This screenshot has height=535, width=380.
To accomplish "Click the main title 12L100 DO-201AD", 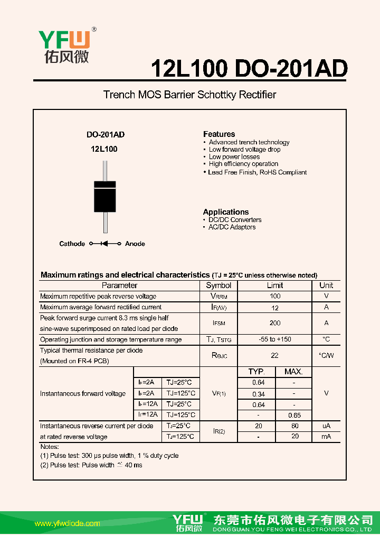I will point(249,69).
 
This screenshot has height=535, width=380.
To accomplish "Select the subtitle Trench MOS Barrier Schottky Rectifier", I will point(189,95).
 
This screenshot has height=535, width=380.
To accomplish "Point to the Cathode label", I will point(72,244).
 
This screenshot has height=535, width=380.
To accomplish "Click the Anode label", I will point(135,244).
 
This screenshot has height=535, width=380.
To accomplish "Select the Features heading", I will point(219,134).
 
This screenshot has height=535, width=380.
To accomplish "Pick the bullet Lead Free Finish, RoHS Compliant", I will point(257,172).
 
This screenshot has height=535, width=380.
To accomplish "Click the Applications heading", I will point(226,212).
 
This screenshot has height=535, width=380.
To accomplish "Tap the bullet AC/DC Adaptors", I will point(232,227).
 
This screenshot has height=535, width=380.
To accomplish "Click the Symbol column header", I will point(218,285).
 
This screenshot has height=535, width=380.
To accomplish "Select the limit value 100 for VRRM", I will point(274,297).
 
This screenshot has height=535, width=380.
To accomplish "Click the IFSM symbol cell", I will point(218,323).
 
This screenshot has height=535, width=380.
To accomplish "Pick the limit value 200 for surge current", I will point(274,323).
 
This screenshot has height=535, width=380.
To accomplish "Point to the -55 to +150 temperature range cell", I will point(274,339).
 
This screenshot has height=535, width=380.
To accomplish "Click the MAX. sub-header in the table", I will point(293,372).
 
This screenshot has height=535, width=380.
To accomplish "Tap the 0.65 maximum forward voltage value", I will point(294,416).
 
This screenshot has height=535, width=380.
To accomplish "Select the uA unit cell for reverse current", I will point(326,426).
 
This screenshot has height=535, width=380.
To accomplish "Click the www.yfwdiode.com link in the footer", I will point(67,523).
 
